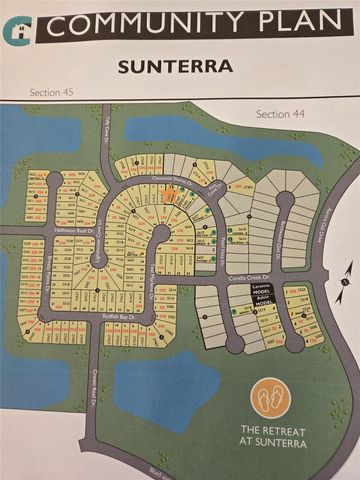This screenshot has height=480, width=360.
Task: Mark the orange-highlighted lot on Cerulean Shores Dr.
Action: [x=168, y=194]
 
